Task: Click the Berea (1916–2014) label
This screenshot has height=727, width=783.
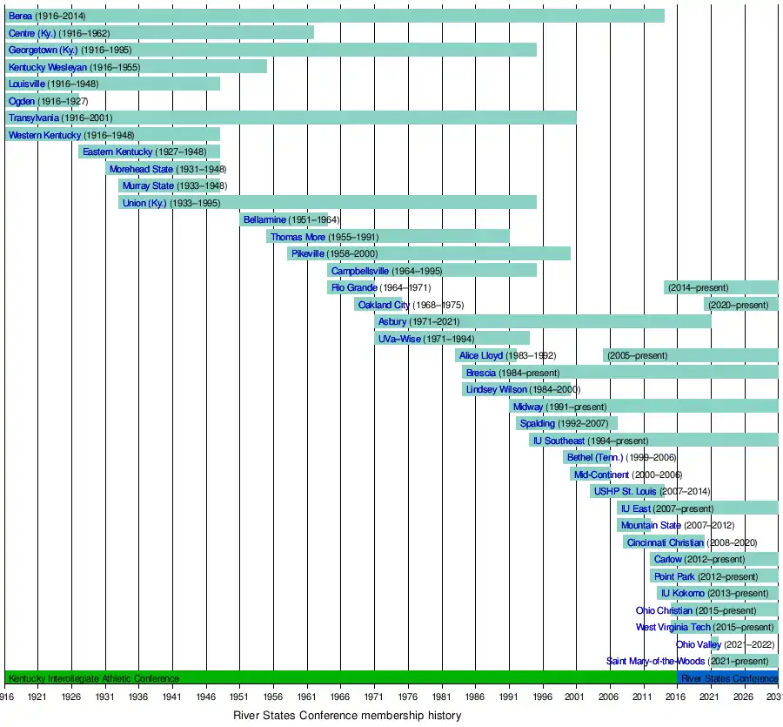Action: pos(47,17)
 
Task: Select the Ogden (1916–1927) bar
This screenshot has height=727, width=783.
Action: pos(42,101)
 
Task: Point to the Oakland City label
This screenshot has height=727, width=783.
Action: pos(384,305)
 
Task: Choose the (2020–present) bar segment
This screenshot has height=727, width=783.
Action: pos(740,305)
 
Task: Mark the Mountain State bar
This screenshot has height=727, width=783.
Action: pos(633,525)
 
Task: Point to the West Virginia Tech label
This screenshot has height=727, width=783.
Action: pos(673,627)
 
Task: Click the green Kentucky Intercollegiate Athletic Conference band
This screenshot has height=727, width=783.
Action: pos(340,678)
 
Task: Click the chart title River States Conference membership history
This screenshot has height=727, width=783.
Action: pos(347,715)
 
